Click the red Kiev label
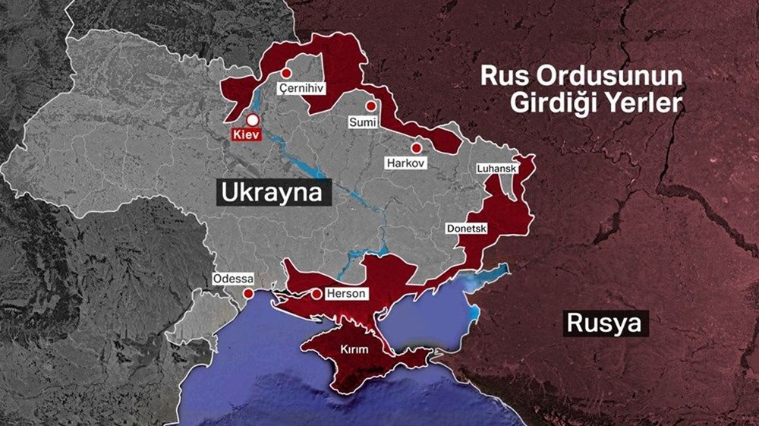click(246, 135)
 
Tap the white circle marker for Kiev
click(252, 120)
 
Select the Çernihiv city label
click(301, 89)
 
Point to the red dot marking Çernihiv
click(286, 73)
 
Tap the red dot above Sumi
click(370, 106)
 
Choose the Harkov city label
click(406, 163)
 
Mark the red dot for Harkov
click(416, 147)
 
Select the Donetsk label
click(467, 228)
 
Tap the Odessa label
click(233, 279)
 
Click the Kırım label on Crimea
click(355, 350)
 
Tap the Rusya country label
click(608, 324)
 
